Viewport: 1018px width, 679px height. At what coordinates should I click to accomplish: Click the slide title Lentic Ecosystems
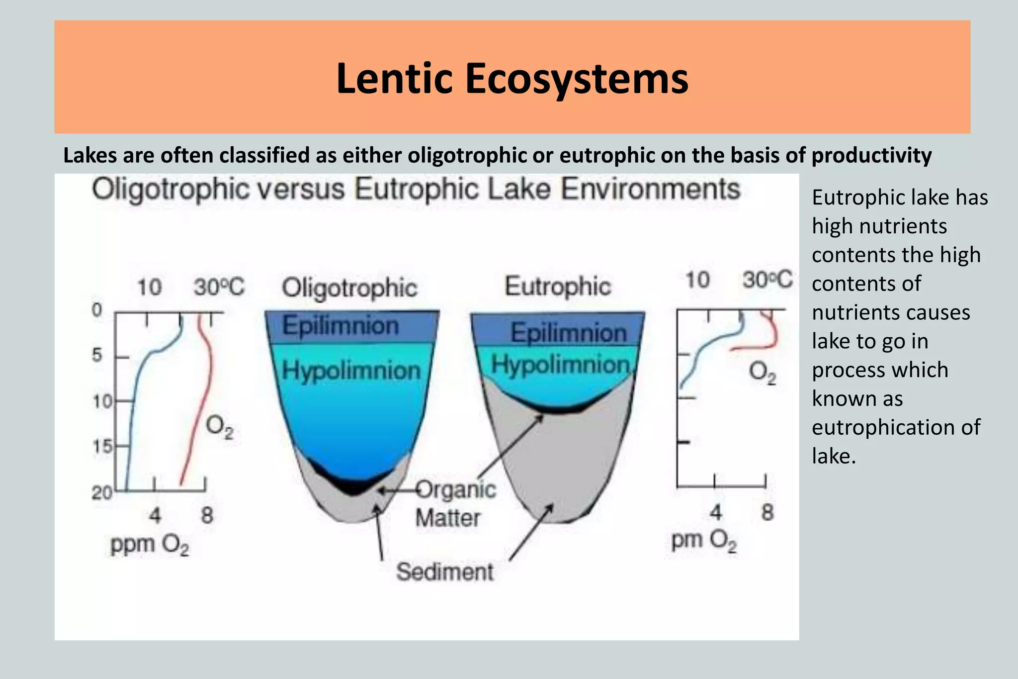pos(512,78)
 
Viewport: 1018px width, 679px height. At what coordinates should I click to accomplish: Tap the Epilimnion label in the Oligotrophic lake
pos(341,326)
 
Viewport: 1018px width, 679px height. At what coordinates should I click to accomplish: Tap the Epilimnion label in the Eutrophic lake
pos(569,332)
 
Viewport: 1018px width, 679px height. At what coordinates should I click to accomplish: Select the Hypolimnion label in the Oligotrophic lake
pos(351,371)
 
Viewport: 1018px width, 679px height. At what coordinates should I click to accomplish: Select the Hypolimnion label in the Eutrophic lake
pos(561,365)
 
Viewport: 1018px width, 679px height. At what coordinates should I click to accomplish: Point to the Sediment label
pos(445,572)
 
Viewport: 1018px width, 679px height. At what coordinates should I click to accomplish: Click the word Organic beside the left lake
pos(456,489)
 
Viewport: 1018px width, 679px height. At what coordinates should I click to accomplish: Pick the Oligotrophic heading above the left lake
pos(349,288)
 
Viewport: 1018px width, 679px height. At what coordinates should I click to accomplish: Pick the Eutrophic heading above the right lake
pos(558,287)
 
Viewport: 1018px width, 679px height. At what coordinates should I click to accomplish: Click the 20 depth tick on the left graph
pos(102,492)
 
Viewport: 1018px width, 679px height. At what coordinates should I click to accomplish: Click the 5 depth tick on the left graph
pos(97,355)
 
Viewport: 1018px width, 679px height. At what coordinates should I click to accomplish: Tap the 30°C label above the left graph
pos(219,287)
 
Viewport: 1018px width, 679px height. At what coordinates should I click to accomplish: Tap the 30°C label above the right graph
pos(767,280)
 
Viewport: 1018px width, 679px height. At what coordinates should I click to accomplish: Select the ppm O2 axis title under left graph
pos(150,545)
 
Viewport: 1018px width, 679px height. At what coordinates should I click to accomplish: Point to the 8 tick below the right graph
pos(767,512)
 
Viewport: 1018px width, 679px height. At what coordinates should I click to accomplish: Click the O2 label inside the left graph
pos(219,427)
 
